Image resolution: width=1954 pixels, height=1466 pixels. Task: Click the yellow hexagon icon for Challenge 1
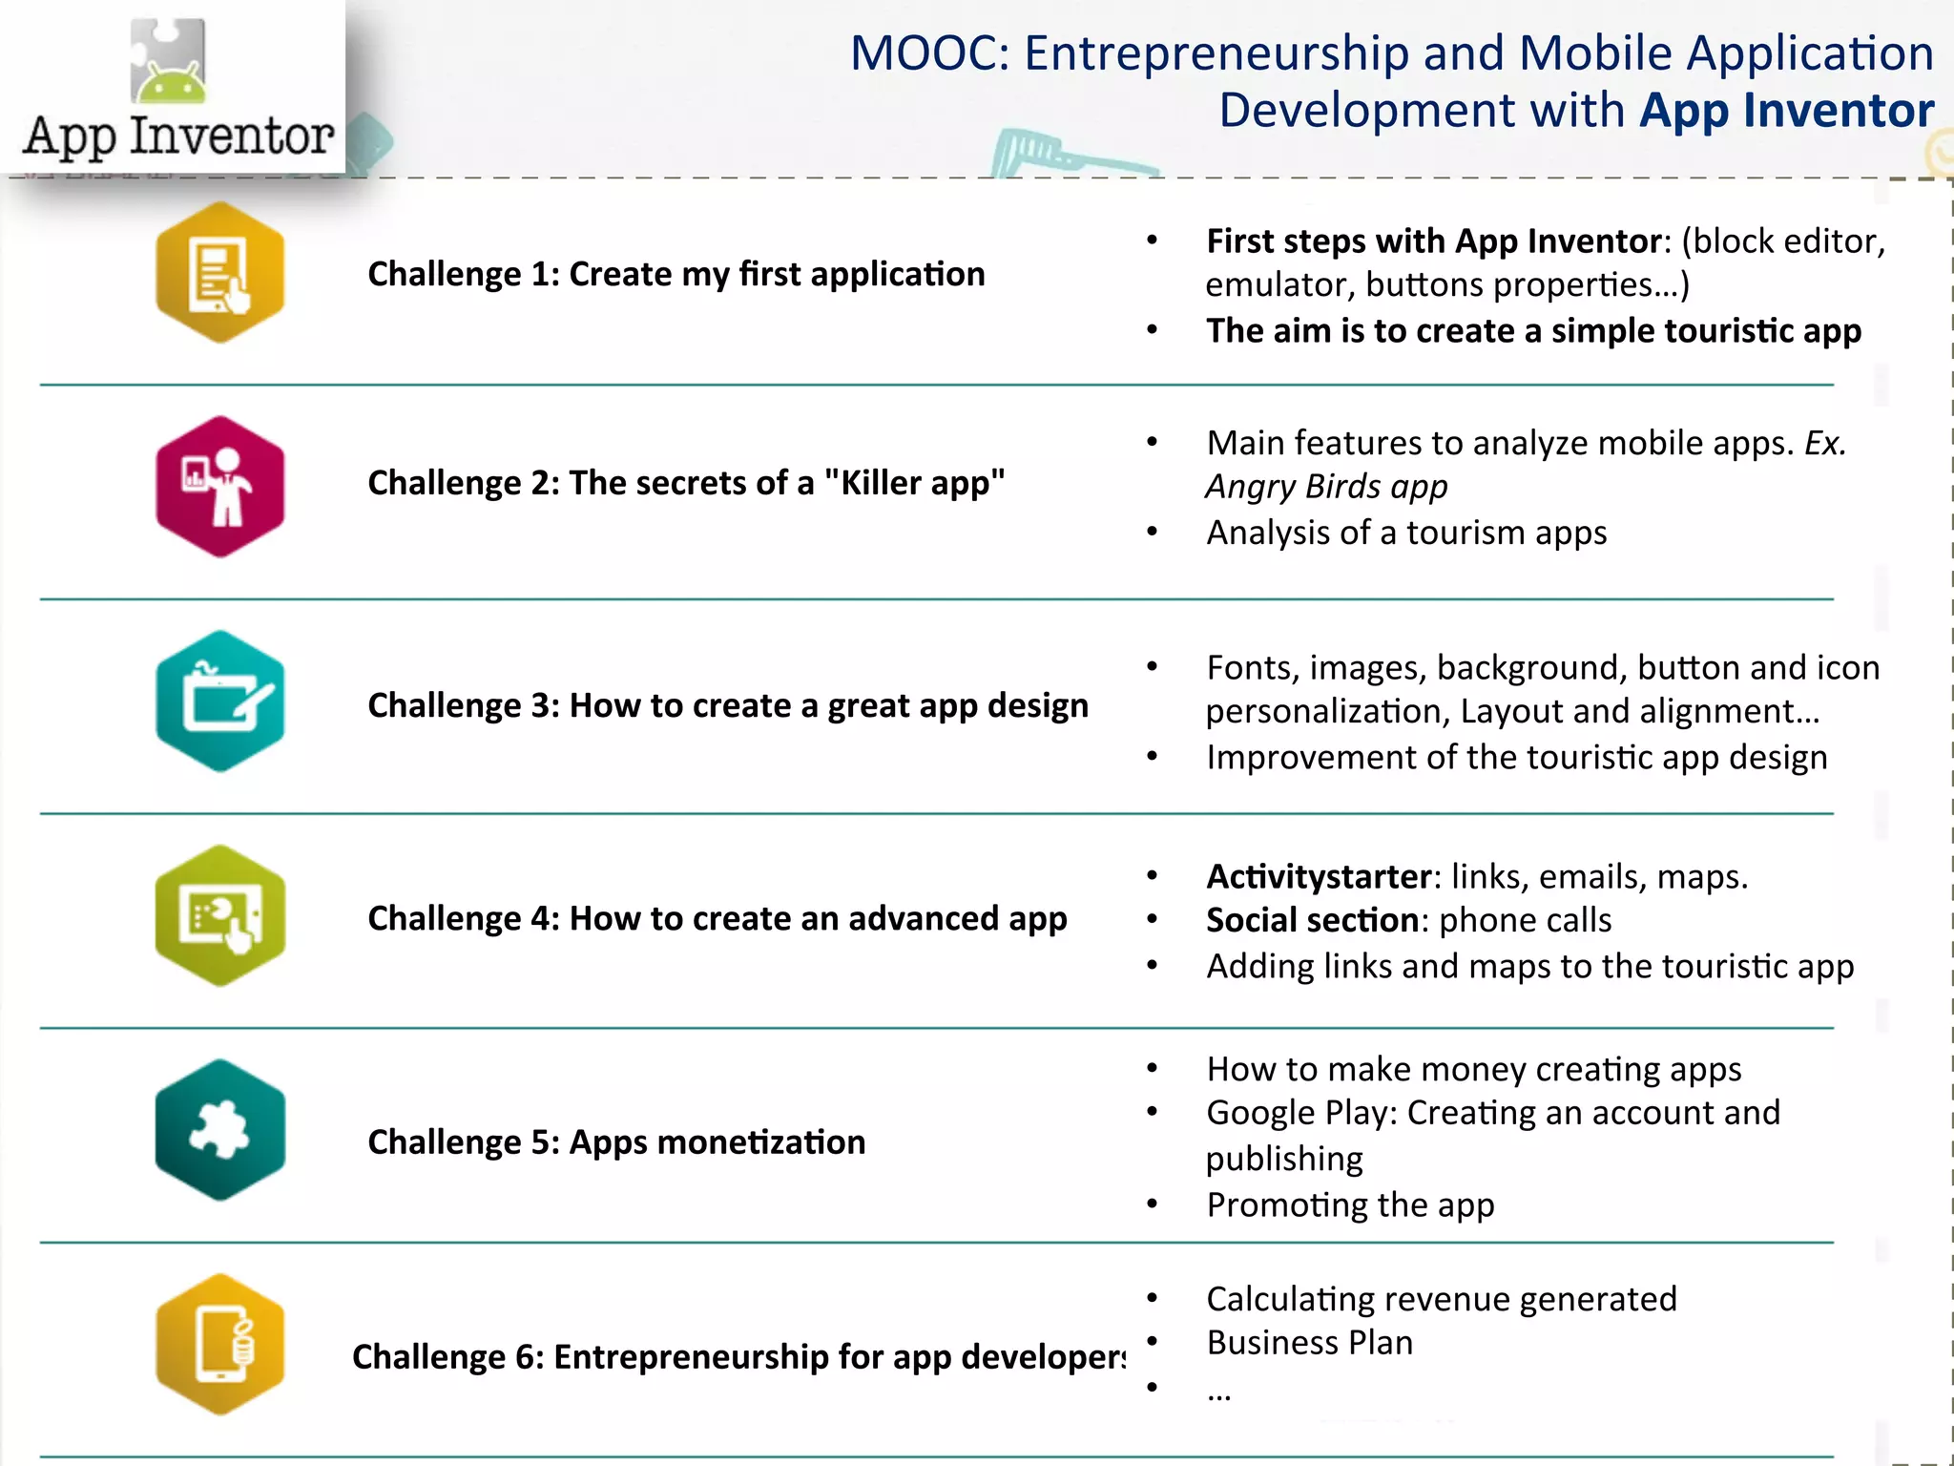coord(220,273)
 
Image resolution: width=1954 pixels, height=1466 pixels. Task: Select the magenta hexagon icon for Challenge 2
coord(220,487)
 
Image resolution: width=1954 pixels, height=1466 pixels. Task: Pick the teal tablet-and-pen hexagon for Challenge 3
coord(220,702)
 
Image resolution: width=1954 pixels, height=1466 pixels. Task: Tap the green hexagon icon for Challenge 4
coord(220,916)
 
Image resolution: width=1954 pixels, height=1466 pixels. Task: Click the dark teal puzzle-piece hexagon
coord(220,1130)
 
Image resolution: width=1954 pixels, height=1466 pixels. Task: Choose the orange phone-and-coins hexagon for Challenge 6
coord(220,1345)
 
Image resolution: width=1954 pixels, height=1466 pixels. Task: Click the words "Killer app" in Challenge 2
coord(915,483)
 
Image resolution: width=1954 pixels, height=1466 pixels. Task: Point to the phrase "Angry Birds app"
coord(1326,487)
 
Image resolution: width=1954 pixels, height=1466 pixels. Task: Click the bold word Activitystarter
coord(1319,876)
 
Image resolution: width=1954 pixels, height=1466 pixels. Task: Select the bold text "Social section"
coord(1313,920)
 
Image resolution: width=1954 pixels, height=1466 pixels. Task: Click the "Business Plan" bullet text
coord(1309,1343)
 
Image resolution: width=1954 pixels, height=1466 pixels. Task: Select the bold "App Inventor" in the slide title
coord(1786,111)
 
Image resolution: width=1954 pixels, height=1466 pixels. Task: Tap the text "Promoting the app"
coord(1350,1204)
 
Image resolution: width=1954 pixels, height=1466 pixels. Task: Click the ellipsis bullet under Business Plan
coord(1218,1393)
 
